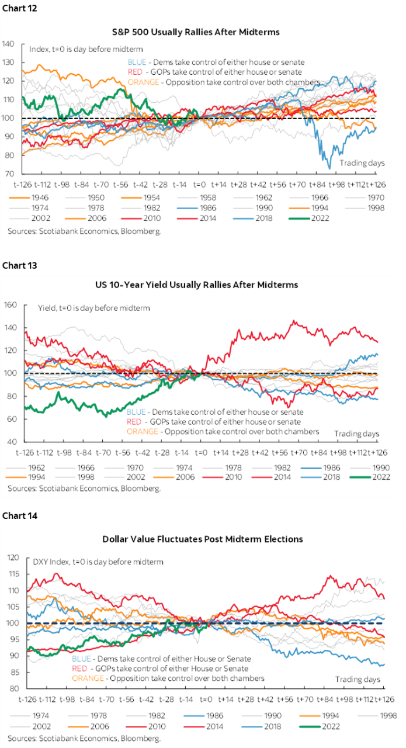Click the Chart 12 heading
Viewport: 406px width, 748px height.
pyautogui.click(x=19, y=8)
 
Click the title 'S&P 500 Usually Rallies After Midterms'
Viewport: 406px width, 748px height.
pyautogui.click(x=196, y=32)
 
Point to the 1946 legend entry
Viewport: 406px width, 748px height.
pyautogui.click(x=29, y=198)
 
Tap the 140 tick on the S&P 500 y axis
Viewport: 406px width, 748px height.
pyautogui.click(x=8, y=44)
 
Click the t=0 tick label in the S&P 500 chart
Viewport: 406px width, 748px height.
pyautogui.click(x=199, y=184)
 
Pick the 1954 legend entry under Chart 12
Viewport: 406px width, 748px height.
pyautogui.click(x=141, y=198)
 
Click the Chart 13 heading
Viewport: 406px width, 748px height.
pyautogui.click(x=19, y=265)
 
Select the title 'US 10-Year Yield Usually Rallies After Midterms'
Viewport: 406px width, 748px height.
pyautogui.click(x=196, y=285)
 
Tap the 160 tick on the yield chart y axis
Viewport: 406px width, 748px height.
pyautogui.click(x=10, y=304)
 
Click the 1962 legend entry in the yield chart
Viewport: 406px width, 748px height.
pyautogui.click(x=25, y=467)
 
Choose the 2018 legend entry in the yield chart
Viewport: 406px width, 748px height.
pyautogui.click(x=320, y=477)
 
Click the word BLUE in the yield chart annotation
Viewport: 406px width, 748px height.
pyautogui.click(x=136, y=412)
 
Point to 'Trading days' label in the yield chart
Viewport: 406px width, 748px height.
pyautogui.click(x=356, y=434)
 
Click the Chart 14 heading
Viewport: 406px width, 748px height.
pyautogui.click(x=20, y=515)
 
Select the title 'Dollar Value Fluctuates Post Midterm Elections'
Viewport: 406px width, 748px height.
pyautogui.click(x=202, y=539)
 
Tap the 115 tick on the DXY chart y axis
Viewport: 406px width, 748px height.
pyautogui.click(x=13, y=574)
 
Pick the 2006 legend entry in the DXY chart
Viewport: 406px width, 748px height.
pyautogui.click(x=88, y=726)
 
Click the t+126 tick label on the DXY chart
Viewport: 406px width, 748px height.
pyautogui.click(x=384, y=699)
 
